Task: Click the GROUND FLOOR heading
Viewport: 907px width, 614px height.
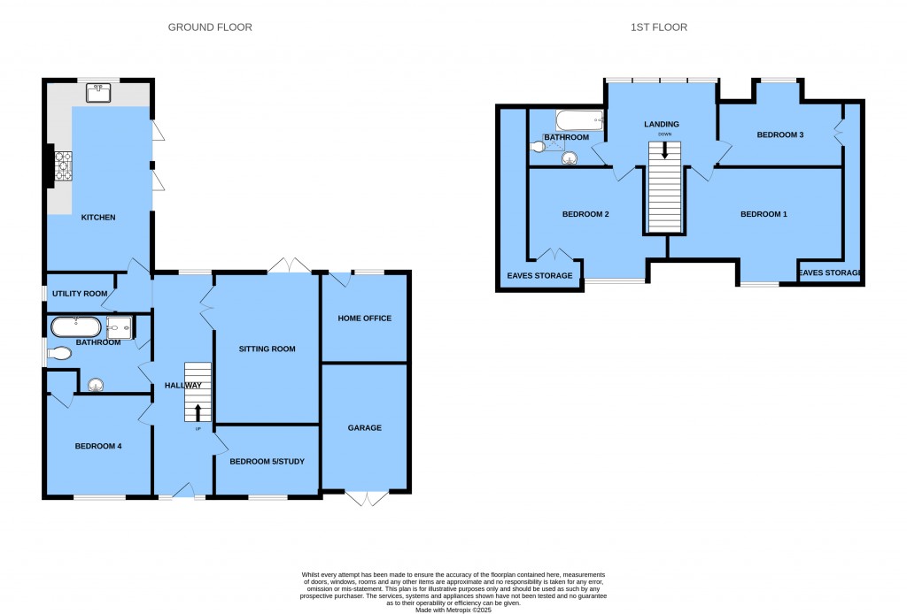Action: point(210,27)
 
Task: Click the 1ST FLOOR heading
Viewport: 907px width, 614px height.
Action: point(658,27)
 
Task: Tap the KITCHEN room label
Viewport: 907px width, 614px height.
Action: point(98,217)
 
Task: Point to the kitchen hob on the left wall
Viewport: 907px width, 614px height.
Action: point(64,165)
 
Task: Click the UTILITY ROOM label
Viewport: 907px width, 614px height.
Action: point(80,293)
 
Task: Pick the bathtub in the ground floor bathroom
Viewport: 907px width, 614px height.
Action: point(76,326)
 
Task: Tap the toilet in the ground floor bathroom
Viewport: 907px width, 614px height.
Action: point(59,354)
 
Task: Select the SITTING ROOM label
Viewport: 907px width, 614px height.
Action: point(267,349)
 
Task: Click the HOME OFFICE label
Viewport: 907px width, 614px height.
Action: point(364,319)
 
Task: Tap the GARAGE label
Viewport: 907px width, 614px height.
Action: point(364,427)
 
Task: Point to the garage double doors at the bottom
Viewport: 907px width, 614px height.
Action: point(366,499)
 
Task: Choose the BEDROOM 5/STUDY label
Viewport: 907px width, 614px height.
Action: point(267,461)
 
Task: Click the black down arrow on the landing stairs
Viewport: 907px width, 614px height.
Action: point(664,150)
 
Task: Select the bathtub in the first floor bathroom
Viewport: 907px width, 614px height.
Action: point(578,120)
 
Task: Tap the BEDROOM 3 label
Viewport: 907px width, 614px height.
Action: point(779,134)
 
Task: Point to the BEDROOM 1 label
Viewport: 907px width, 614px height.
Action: point(764,214)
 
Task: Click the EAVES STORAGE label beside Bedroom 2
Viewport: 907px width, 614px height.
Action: point(539,275)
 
